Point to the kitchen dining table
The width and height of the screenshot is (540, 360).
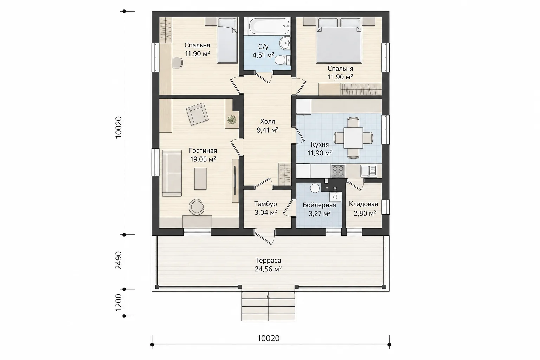(x=353, y=138)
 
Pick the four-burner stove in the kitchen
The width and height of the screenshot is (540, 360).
(x=338, y=171)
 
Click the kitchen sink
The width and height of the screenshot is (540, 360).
(x=368, y=171)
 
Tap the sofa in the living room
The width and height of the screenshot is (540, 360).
(x=172, y=173)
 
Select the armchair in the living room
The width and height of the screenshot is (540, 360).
(x=197, y=114)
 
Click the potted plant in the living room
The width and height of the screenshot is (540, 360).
(x=232, y=120)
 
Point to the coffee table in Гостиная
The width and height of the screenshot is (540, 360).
(x=200, y=179)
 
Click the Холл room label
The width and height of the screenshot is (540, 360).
(x=268, y=121)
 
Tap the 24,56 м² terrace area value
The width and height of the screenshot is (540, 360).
(x=268, y=269)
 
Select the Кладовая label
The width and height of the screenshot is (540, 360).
(x=364, y=204)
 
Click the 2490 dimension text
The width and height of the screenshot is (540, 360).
(x=118, y=260)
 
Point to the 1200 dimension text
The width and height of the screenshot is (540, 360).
(x=118, y=303)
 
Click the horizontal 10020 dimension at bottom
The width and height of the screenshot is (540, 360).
(x=268, y=338)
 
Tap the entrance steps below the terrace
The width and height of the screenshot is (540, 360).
(x=268, y=306)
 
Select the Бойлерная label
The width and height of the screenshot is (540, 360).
(x=320, y=205)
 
